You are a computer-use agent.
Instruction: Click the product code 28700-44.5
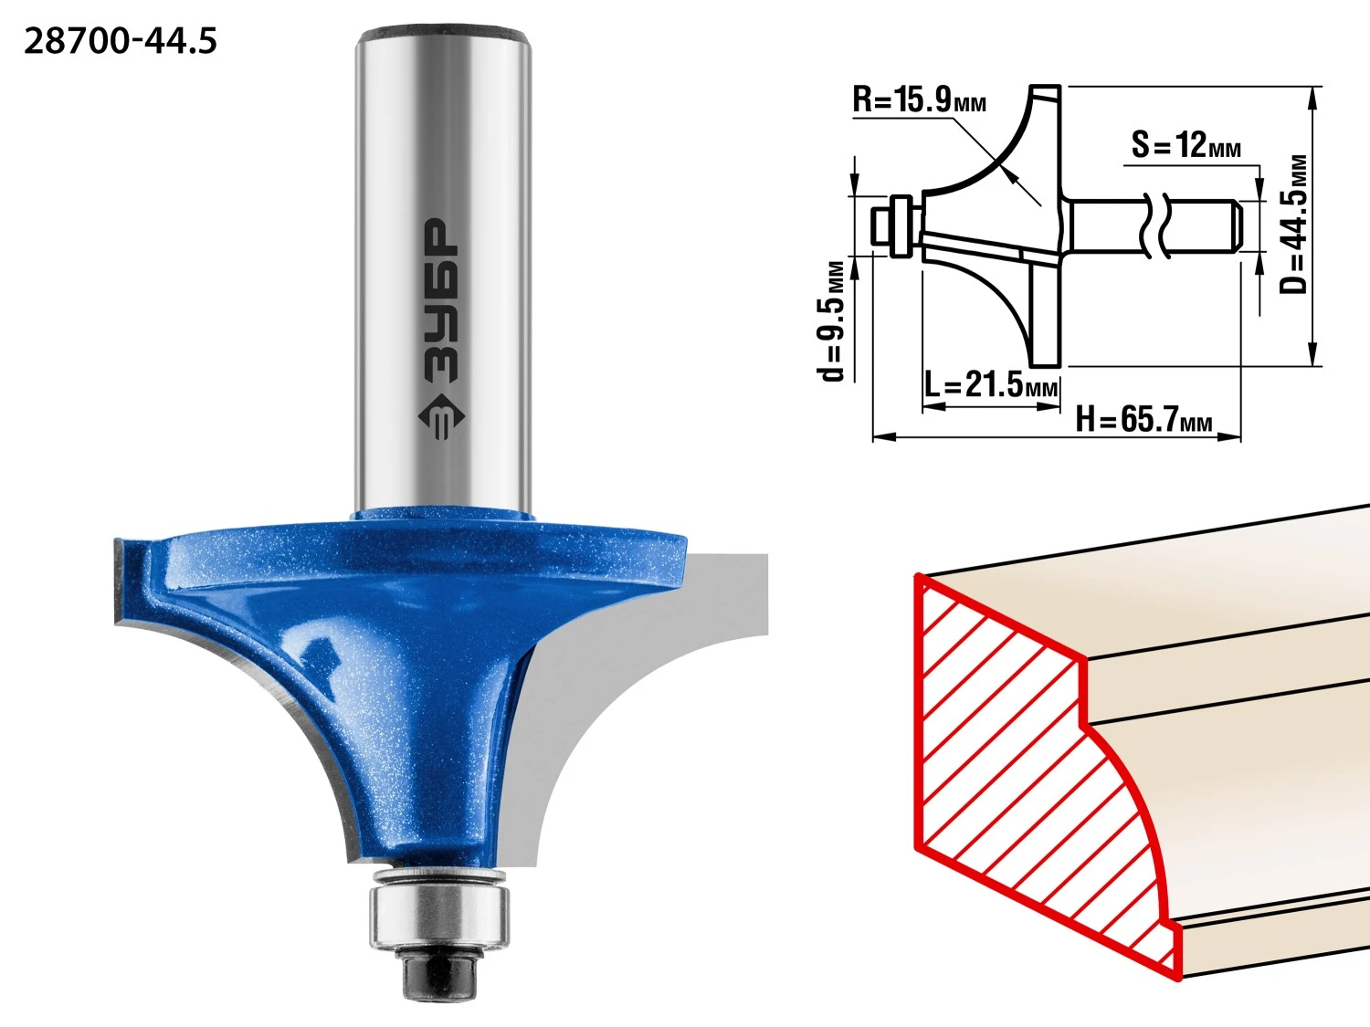click(121, 41)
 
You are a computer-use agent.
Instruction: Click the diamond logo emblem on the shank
click(440, 418)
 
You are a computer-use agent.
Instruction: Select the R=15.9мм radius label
click(920, 100)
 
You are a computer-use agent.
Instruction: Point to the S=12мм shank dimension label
click(1186, 144)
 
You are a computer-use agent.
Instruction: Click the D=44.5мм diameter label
click(1294, 225)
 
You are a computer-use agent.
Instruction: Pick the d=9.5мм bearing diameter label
click(831, 321)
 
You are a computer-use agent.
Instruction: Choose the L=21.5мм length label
click(991, 384)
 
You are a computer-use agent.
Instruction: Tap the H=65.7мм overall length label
click(1143, 419)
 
